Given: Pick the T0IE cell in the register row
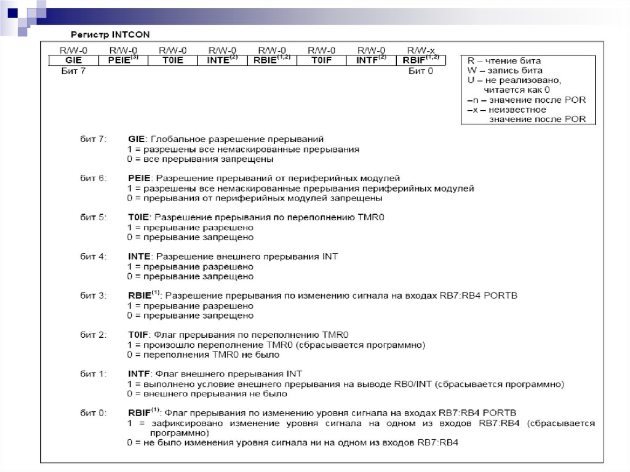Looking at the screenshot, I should [x=172, y=60].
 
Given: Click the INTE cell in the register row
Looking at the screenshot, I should [x=221, y=60].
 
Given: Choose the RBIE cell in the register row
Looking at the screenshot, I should [x=272, y=60].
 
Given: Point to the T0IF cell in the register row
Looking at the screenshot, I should [x=321, y=60].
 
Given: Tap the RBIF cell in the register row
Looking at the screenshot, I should [x=421, y=60].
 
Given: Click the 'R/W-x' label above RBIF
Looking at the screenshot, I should [x=421, y=50].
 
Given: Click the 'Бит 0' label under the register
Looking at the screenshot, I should [x=421, y=71].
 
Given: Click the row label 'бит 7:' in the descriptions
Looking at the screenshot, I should [x=94, y=139].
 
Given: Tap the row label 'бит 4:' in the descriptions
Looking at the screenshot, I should [x=94, y=257].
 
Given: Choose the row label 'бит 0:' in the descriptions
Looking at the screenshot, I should [x=94, y=412].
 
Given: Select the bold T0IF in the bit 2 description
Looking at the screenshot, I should [x=138, y=335].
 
